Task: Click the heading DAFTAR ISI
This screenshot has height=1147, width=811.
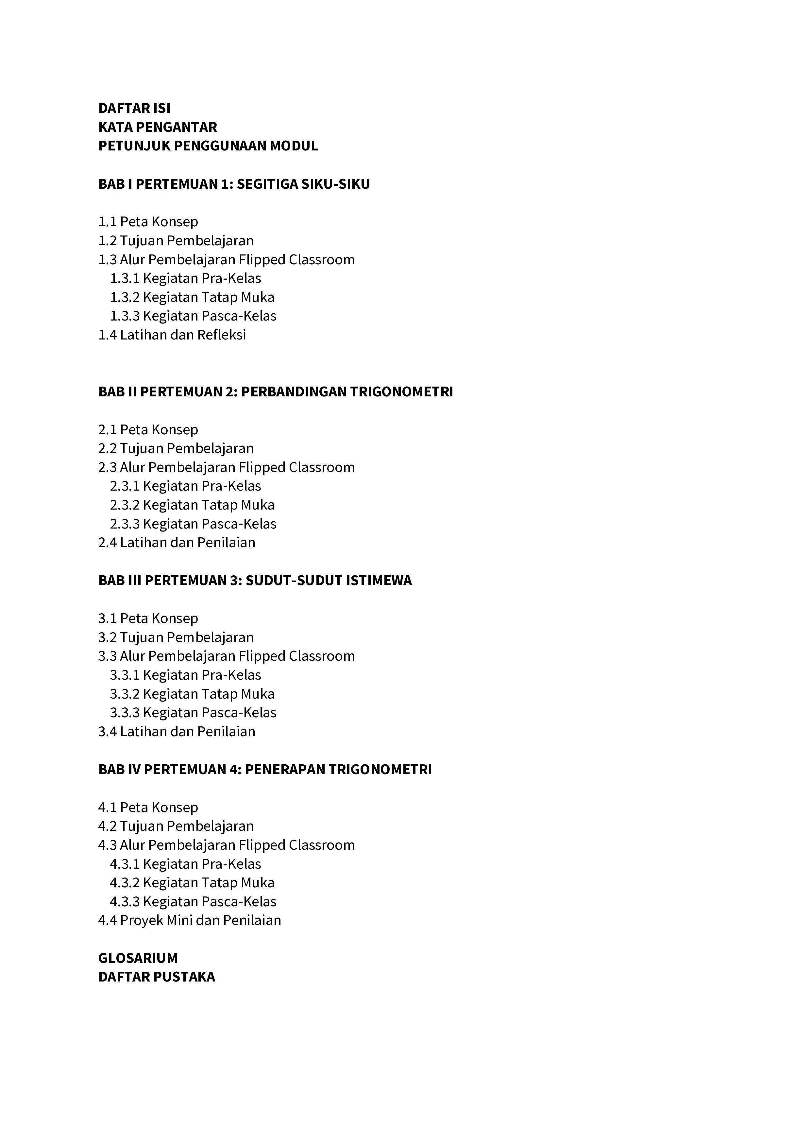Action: tap(134, 108)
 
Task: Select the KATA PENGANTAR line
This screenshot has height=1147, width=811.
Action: tap(158, 127)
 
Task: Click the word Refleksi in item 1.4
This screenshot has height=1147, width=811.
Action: tap(221, 335)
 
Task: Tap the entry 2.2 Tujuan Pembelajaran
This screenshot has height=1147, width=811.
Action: tap(176, 448)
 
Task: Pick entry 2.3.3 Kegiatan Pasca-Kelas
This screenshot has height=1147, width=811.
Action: tap(193, 524)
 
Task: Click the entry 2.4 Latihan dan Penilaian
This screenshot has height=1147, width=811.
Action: tap(177, 543)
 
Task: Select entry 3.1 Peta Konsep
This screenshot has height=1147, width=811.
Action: tap(148, 618)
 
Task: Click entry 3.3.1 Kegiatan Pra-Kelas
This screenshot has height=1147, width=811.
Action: tap(186, 675)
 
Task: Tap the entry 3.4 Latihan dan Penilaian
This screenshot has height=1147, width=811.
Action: tap(177, 731)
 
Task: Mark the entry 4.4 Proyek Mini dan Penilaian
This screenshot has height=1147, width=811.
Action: tap(190, 920)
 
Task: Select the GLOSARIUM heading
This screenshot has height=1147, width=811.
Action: tap(138, 958)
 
